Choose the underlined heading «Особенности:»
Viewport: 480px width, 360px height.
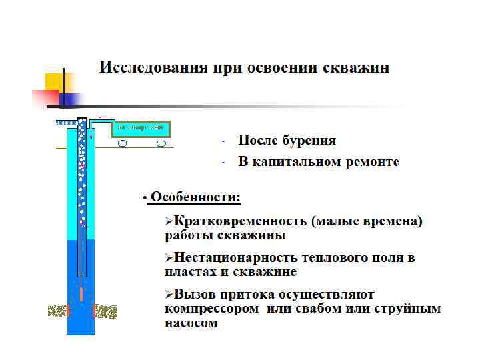click(195, 197)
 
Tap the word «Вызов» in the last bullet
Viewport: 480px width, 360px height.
click(194, 294)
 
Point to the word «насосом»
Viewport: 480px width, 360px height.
click(191, 324)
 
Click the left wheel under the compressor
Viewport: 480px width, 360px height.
click(122, 143)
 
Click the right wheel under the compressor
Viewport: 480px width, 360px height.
click(161, 143)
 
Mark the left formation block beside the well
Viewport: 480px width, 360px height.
click(58, 311)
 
